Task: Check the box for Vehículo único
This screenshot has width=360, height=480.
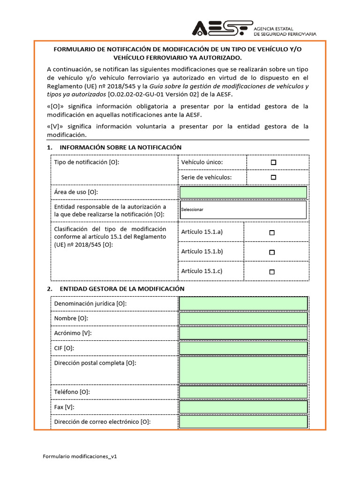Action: pyautogui.click(x=273, y=162)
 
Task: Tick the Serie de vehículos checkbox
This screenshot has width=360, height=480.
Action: pyautogui.click(x=273, y=177)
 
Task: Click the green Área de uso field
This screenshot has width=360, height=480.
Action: pyautogui.click(x=243, y=192)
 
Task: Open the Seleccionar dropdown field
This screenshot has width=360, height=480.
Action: pyautogui.click(x=243, y=210)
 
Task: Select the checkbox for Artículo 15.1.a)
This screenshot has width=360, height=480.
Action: pyautogui.click(x=272, y=232)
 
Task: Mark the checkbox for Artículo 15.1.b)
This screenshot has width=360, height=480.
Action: pyautogui.click(x=272, y=252)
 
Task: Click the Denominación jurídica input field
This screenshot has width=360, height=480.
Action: pyautogui.click(x=243, y=304)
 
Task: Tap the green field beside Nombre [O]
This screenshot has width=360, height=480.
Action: pyautogui.click(x=243, y=319)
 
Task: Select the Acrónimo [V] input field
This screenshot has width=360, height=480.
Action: pyautogui.click(x=243, y=333)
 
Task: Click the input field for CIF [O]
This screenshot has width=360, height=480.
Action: pyautogui.click(x=243, y=348)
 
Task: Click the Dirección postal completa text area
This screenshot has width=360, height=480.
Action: pyautogui.click(x=243, y=370)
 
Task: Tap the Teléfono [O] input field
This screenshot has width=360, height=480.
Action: pyautogui.click(x=243, y=392)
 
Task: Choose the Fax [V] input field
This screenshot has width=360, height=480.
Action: pyautogui.click(x=243, y=407)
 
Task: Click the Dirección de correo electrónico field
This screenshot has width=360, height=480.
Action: pyautogui.click(x=243, y=422)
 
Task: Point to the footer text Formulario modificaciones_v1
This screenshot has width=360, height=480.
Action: pyautogui.click(x=79, y=456)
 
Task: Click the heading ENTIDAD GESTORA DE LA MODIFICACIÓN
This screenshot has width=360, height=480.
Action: pyautogui.click(x=122, y=289)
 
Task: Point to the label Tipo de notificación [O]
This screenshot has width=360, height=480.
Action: pyautogui.click(x=87, y=162)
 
